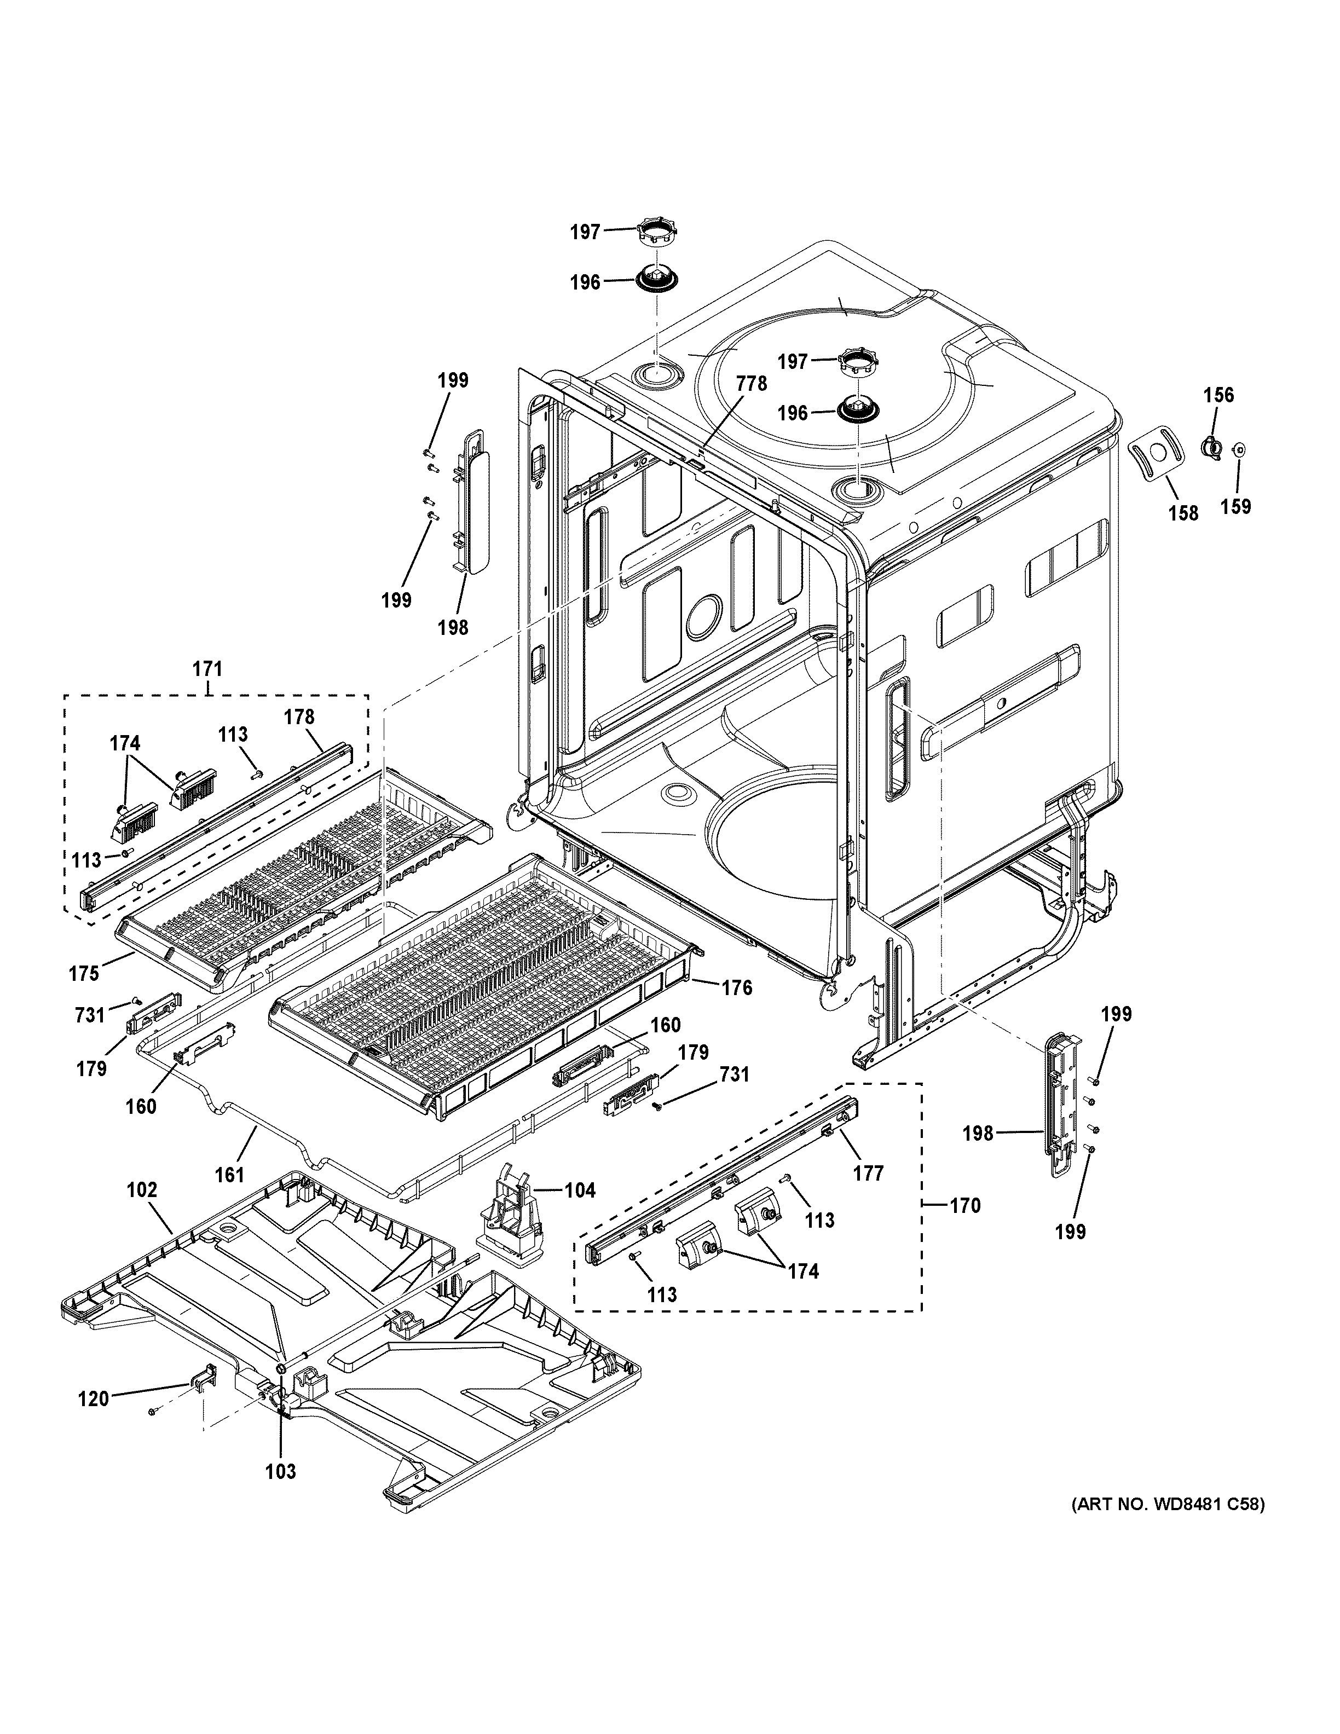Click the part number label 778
click(x=751, y=384)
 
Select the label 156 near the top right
click(x=1218, y=395)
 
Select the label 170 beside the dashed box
click(x=965, y=1206)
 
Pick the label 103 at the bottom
click(x=280, y=1471)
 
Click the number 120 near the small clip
click(x=93, y=1398)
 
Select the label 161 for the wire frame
click(x=229, y=1174)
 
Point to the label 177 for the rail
click(x=868, y=1172)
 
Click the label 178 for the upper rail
click(x=299, y=717)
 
